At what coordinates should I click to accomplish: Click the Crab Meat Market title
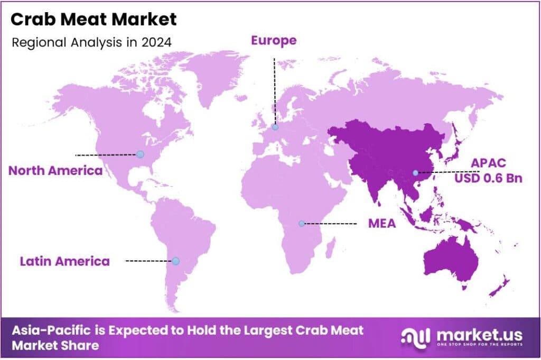click(94, 20)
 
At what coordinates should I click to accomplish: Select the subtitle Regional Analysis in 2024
click(91, 42)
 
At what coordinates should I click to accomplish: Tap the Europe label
click(274, 40)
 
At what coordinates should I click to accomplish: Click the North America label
click(55, 171)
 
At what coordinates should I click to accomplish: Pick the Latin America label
click(65, 261)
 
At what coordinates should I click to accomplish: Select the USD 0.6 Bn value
click(489, 178)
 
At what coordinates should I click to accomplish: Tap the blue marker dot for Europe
click(275, 127)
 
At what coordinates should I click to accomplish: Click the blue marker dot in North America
click(140, 154)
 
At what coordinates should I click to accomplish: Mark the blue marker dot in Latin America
click(176, 261)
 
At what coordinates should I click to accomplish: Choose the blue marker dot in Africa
click(301, 224)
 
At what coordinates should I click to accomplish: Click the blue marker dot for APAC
click(415, 173)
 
